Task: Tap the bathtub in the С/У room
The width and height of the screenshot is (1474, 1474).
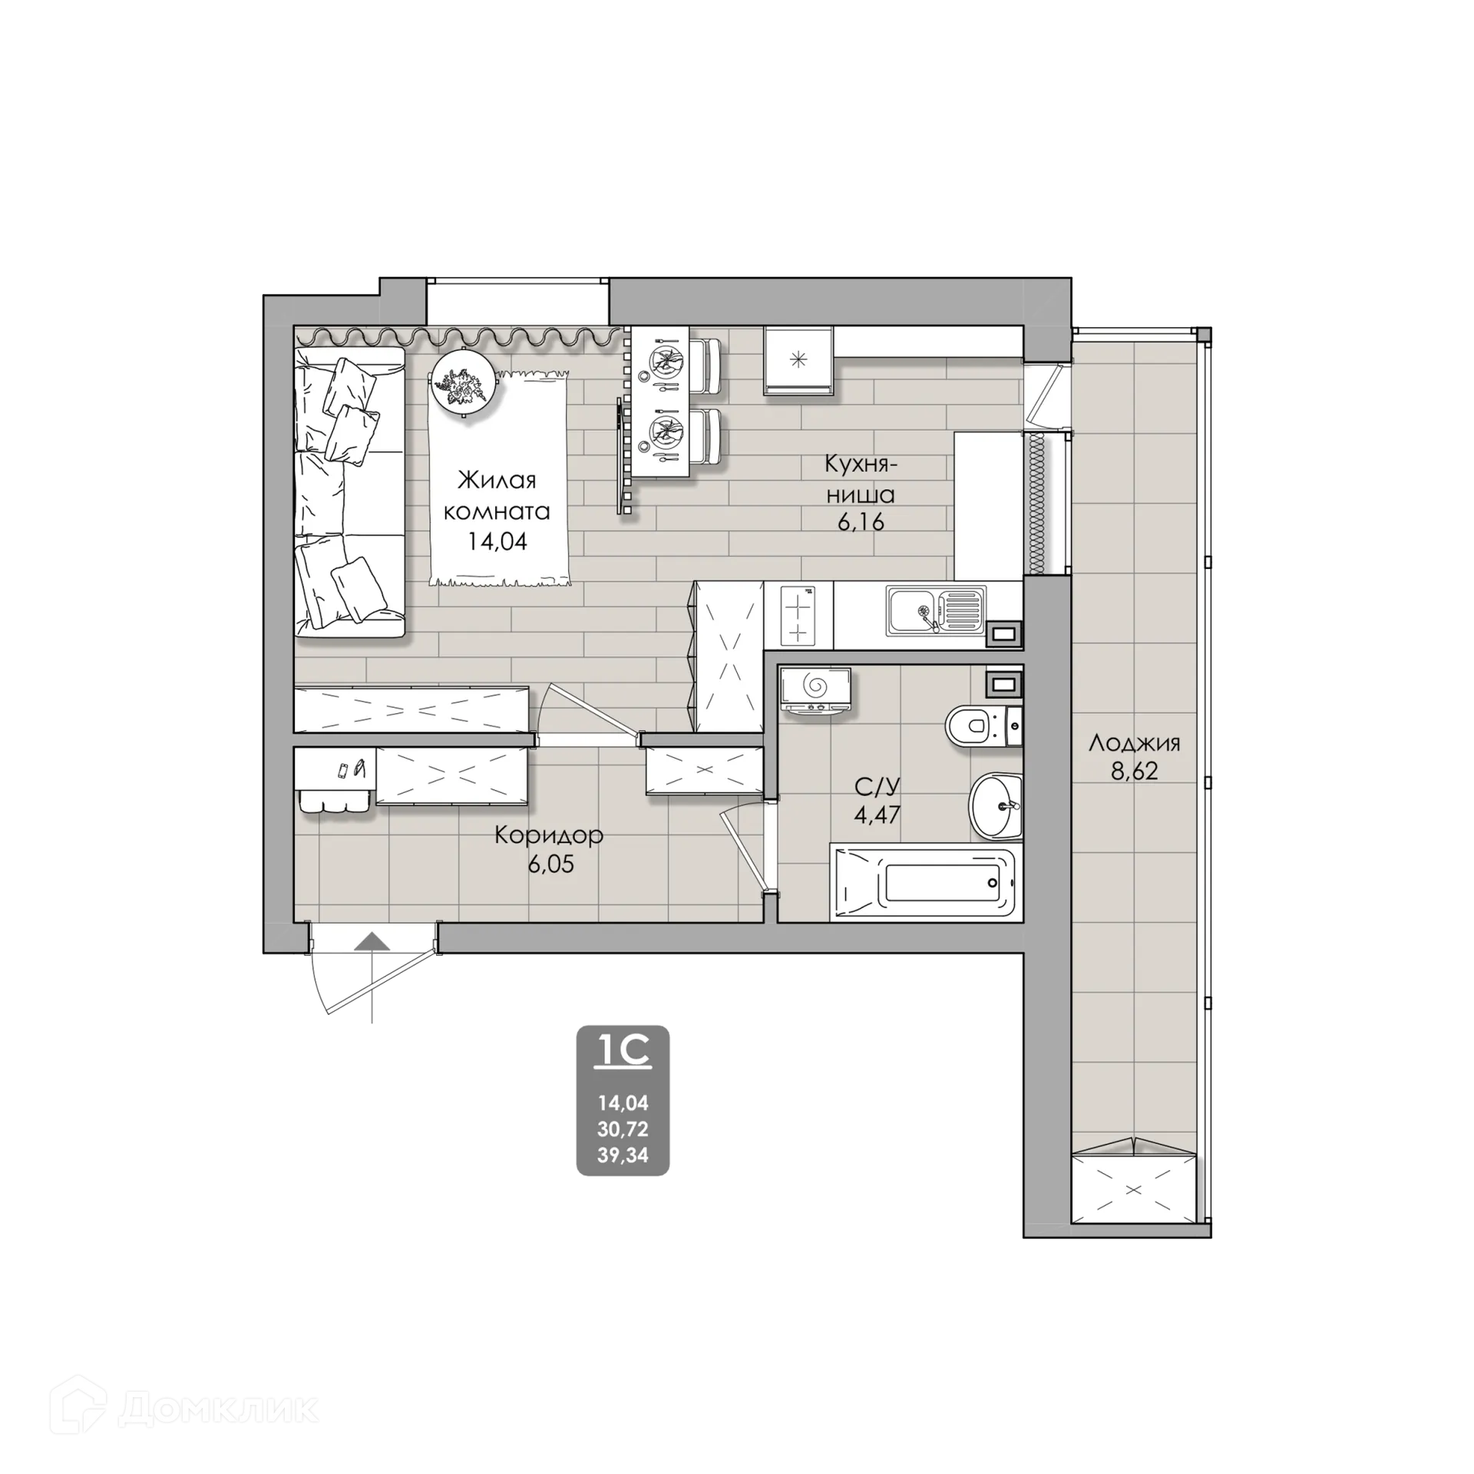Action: coord(927,883)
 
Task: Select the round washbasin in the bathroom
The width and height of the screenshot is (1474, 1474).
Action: coord(996,806)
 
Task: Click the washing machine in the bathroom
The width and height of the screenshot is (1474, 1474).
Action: coord(815,691)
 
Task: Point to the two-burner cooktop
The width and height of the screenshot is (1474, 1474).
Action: coord(798,613)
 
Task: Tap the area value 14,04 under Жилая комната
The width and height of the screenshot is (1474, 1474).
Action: coord(497,541)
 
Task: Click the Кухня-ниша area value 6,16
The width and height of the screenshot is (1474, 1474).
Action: coord(861,522)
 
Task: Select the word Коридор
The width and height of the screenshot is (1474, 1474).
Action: coord(549,835)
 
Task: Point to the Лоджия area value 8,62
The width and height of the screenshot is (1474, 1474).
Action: coord(1135,771)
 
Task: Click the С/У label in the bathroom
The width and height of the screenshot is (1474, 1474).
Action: coord(877,786)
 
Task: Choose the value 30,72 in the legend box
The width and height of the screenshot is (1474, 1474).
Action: coord(623,1129)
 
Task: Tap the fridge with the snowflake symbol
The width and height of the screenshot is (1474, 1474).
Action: coord(798,359)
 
